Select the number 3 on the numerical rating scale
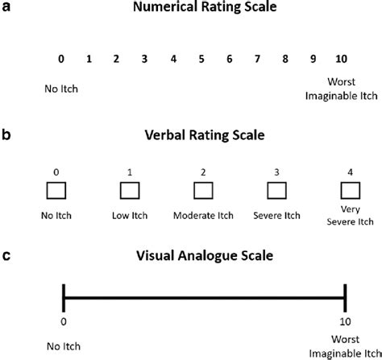click(x=144, y=59)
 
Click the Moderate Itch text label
click(x=203, y=217)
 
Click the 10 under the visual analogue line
click(x=345, y=321)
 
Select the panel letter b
click(x=6, y=133)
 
